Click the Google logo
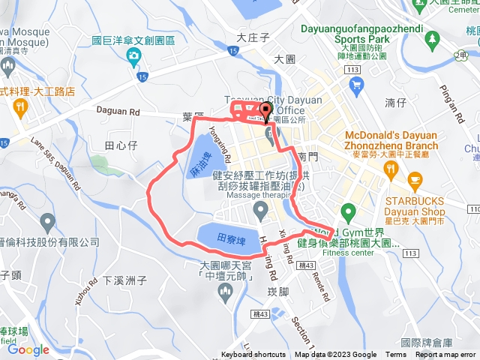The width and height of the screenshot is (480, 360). coord(28,349)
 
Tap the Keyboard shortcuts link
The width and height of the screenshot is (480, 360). coord(253,355)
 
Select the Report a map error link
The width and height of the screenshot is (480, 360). coord(447,355)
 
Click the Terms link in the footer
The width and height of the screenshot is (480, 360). coord(396,355)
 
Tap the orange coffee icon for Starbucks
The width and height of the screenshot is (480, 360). coord(415,180)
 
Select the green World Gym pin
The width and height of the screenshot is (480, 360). coord(346,211)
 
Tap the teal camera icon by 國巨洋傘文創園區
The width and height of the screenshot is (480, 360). coord(133,57)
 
